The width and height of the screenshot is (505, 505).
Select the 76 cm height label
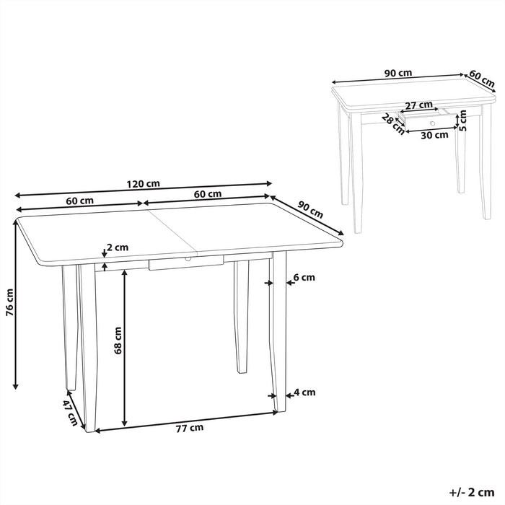click(x=9, y=302)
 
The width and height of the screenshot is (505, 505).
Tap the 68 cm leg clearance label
click(x=118, y=339)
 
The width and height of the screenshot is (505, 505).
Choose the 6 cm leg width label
click(x=304, y=277)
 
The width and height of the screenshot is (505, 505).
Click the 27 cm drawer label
click(x=419, y=105)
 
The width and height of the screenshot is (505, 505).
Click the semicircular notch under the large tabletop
click(x=187, y=258)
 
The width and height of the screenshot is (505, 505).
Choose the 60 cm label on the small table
click(x=482, y=76)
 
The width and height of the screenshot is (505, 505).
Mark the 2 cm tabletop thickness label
click(x=117, y=247)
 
